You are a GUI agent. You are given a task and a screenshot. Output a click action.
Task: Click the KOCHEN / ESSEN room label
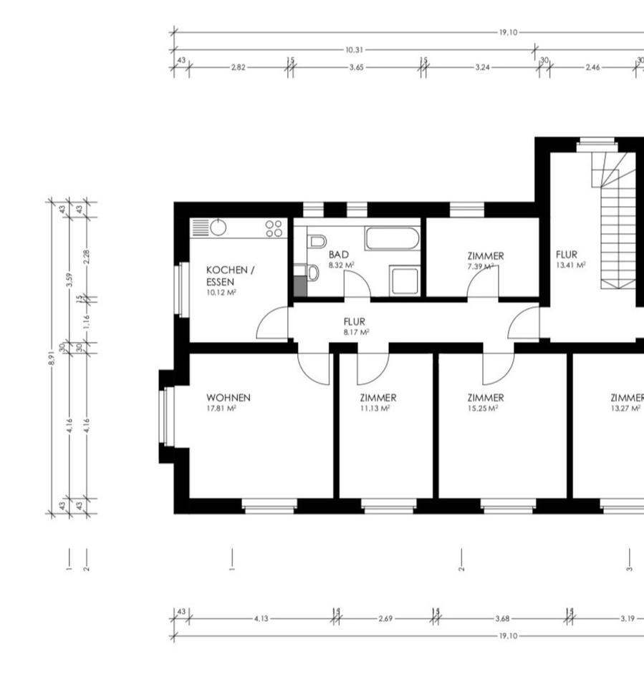pos(231,276)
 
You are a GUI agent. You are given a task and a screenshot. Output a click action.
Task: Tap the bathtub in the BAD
pos(392,238)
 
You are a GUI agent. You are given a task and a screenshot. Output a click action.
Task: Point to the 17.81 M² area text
pos(221,409)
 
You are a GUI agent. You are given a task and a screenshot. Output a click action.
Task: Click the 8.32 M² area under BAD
pos(342,265)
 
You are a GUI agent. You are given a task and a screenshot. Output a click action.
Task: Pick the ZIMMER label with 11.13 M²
pos(378,398)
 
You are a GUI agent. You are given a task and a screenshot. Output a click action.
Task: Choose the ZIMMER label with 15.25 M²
pos(486,398)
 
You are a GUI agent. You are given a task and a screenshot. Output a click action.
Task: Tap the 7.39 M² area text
pos(481,266)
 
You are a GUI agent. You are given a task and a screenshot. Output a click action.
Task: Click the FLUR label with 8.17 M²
pos(355,321)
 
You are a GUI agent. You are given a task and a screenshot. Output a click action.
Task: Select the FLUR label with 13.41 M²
pos(567,255)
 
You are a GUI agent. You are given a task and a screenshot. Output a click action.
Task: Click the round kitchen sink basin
pos(218,228)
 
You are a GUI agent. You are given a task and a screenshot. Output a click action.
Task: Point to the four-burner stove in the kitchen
pos(274,228)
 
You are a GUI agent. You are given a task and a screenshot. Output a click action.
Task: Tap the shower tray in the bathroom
pos(405,281)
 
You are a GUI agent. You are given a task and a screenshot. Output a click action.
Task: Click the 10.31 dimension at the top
pos(355,50)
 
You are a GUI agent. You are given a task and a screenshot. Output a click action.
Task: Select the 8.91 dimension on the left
pos(52,358)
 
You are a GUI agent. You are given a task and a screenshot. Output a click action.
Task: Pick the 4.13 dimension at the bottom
pos(261,618)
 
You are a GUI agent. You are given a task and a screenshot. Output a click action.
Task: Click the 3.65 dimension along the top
pos(356,67)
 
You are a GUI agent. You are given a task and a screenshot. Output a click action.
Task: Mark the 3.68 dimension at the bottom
pos(502,618)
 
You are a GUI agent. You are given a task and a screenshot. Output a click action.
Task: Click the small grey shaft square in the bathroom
pos(300,286)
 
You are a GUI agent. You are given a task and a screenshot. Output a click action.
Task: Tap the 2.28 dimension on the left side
pos(87,257)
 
